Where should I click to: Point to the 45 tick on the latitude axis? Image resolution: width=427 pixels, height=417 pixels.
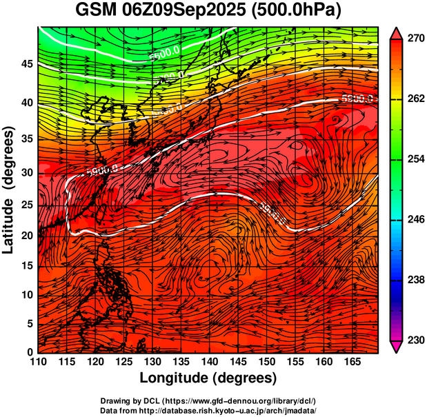[x=26, y=64]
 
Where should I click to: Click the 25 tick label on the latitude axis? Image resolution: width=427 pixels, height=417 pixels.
[x=26, y=206]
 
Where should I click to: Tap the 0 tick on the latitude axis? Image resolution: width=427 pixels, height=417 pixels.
[x=30, y=352]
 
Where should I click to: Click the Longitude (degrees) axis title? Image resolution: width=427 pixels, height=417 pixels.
[x=208, y=378]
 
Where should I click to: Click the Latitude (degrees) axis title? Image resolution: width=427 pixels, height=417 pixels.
[x=9, y=190]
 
